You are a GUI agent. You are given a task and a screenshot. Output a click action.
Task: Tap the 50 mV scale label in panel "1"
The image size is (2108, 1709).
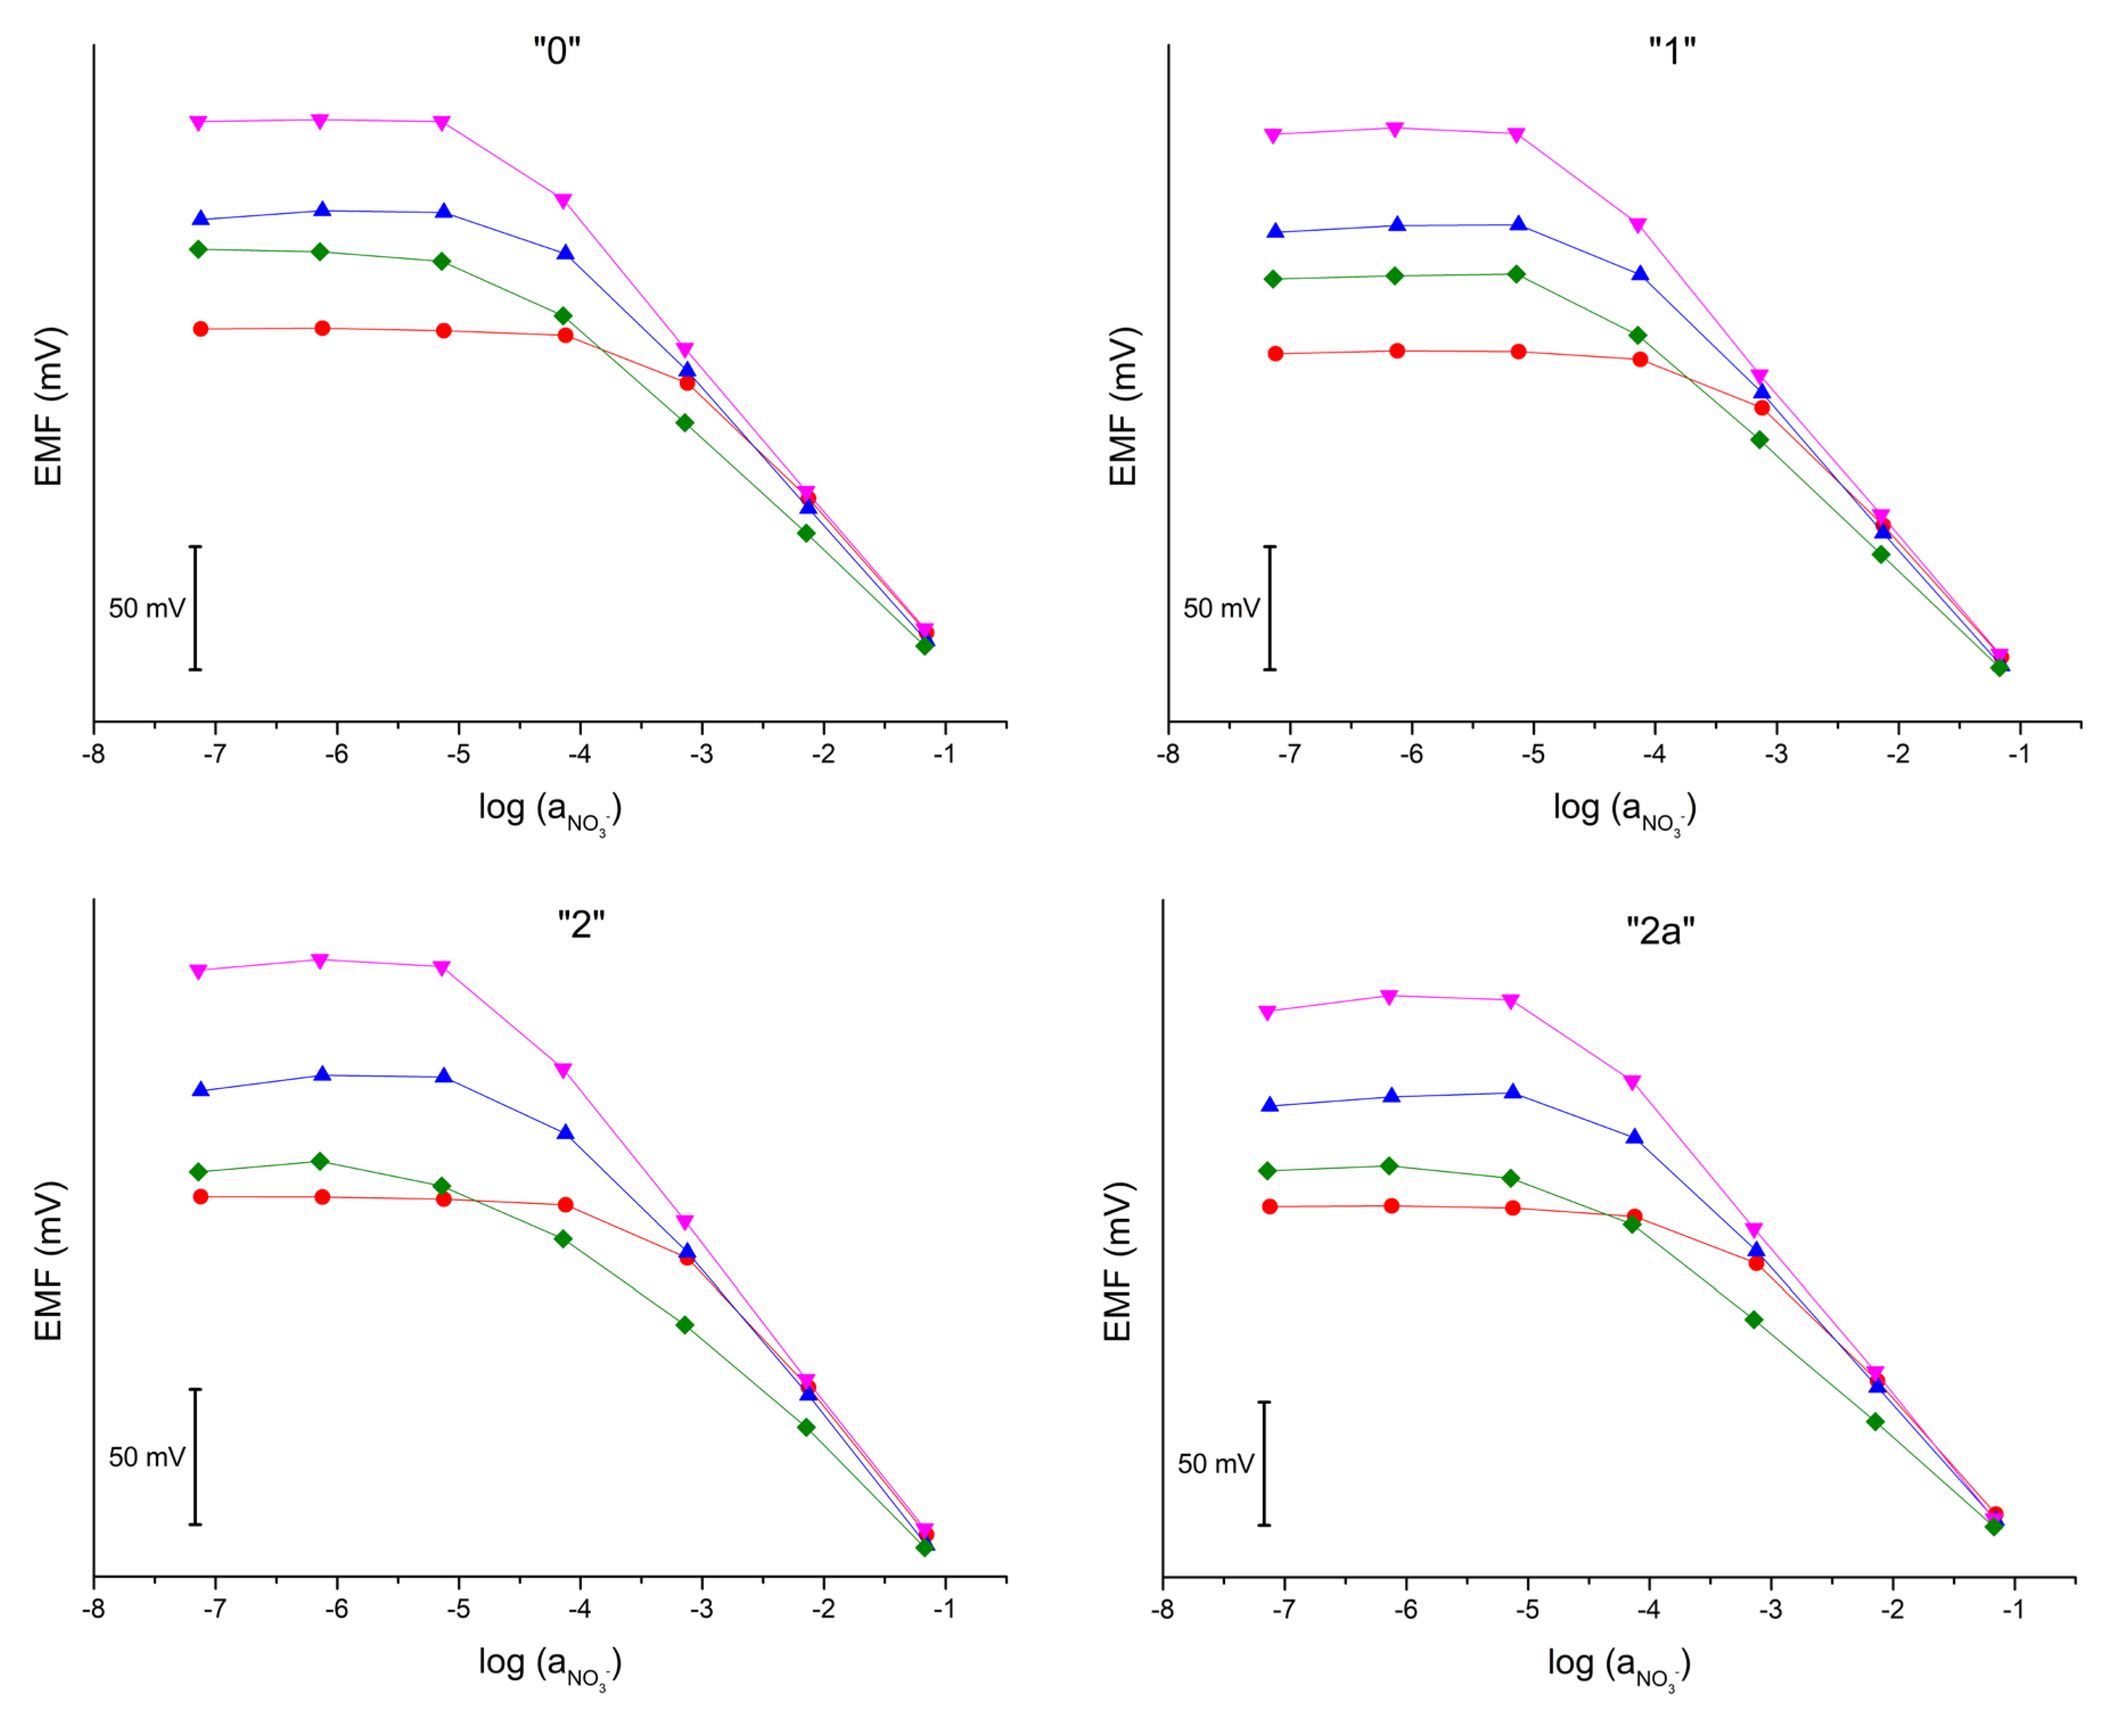[1221, 609]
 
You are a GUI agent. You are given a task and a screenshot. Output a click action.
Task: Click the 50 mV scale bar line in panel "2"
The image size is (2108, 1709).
[195, 1457]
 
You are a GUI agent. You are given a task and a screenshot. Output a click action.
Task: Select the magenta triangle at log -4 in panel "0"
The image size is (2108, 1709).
[563, 201]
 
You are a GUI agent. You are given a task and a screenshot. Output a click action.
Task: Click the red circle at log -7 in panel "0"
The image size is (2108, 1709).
[201, 329]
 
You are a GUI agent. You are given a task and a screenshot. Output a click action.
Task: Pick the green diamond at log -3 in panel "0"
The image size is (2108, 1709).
[684, 422]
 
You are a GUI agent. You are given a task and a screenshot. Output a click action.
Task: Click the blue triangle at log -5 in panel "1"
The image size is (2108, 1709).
[1518, 224]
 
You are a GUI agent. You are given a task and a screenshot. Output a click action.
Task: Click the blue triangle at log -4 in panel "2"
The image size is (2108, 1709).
[565, 1132]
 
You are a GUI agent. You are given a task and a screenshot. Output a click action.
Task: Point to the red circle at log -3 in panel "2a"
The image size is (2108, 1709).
[1757, 1262]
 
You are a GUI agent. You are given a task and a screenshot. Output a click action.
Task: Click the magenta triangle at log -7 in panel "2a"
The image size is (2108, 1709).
[1268, 1012]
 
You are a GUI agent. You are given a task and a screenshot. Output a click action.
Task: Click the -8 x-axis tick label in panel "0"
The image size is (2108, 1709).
[93, 754]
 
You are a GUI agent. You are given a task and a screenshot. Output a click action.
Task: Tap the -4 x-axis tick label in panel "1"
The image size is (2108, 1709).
[1654, 754]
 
